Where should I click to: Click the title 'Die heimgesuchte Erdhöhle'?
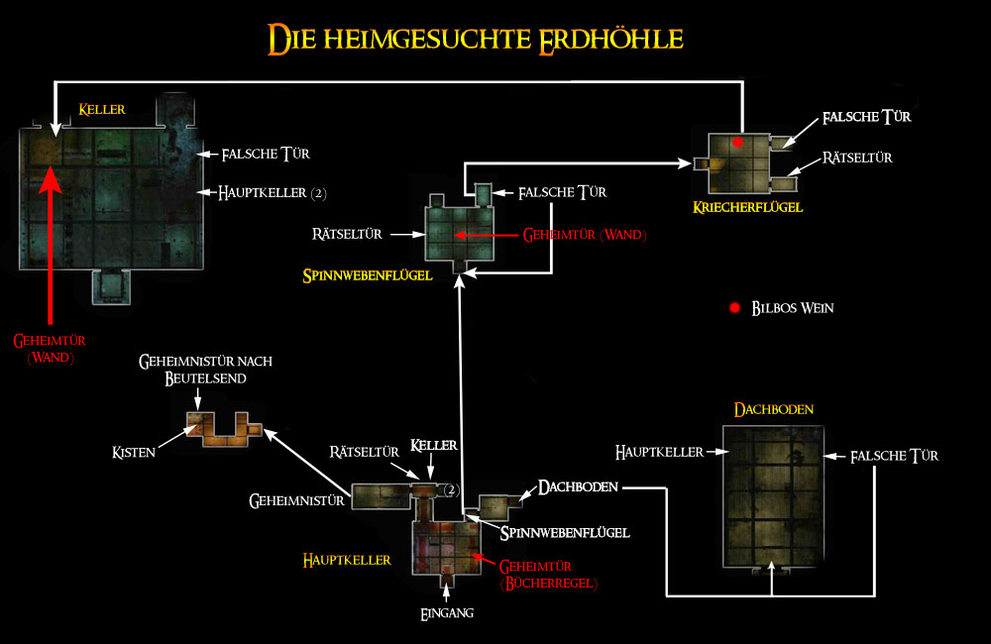476,39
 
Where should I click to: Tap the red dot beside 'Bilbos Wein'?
734,308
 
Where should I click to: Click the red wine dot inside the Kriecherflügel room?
737,143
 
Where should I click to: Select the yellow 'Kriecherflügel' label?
748,207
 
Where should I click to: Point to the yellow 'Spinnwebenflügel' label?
368,276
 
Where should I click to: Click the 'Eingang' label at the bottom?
447,613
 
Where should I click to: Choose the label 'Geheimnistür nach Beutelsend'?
206,371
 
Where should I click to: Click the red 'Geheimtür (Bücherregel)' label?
549,575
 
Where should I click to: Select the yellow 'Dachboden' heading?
766,409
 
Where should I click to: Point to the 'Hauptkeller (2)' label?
272,192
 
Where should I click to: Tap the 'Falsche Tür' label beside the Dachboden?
894,456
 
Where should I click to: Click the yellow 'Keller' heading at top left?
102,109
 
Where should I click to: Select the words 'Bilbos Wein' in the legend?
793,308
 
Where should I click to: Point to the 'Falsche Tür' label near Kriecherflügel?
866,118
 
